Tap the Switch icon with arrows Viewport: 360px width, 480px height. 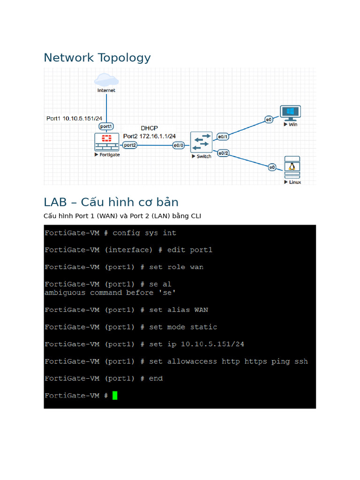202,142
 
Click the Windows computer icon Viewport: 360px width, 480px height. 290,112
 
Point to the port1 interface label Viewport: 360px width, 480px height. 106,127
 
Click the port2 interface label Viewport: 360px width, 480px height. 130,145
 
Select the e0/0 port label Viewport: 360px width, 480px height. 179,145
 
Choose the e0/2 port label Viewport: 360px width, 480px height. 223,153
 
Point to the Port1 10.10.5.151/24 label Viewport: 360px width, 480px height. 74,118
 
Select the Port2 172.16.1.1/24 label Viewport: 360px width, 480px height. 150,136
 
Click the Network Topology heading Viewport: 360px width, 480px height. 97,58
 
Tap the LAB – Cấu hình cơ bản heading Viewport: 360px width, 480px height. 111,202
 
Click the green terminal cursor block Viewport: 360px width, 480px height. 115,396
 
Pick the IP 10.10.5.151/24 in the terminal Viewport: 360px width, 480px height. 212,344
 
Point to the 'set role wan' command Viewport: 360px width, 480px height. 176,267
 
